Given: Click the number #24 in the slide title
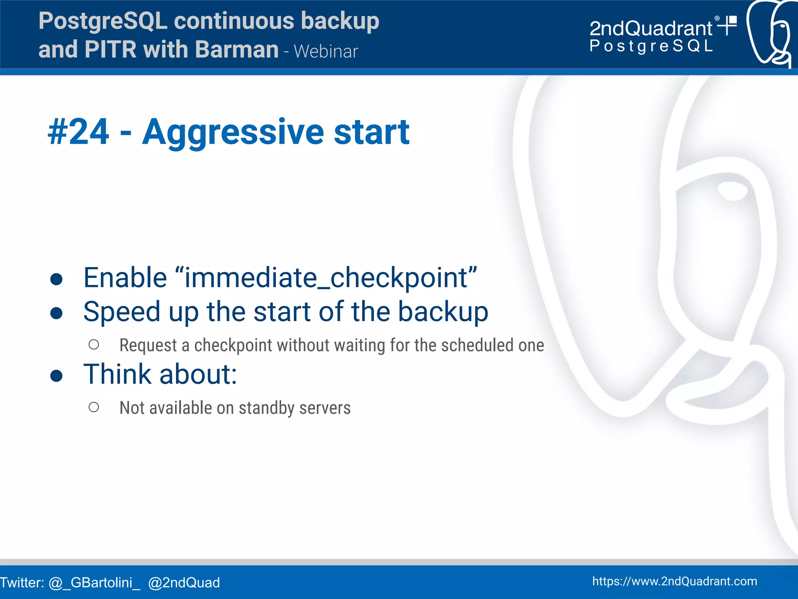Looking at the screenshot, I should tap(78, 132).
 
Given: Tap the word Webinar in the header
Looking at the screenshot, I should tap(326, 51).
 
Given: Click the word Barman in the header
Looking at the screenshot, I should tap(237, 49).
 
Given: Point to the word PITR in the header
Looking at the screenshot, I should tap(110, 49).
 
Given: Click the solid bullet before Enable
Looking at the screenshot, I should tap(56, 279).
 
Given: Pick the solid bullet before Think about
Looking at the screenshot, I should tap(56, 376).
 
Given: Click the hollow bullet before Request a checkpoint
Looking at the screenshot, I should tap(94, 345).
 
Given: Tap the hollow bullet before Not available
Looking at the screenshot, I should tap(94, 407).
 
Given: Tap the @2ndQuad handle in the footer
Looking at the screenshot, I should tap(184, 583).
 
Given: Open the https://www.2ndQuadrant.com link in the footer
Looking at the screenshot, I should tap(674, 581).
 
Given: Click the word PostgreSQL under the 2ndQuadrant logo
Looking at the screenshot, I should tap(651, 46).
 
